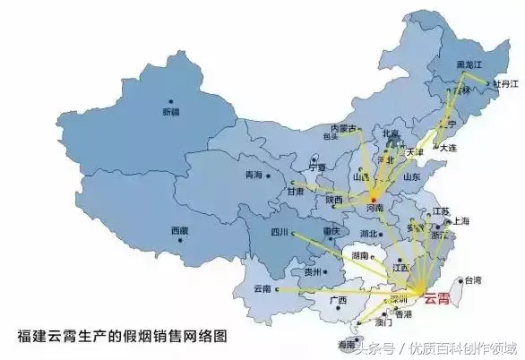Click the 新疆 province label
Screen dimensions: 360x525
pyautogui.click(x=170, y=112)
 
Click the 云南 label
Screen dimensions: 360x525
pyautogui.click(x=262, y=289)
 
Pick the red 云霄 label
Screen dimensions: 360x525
pyautogui.click(x=440, y=297)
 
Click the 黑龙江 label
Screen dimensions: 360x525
pyautogui.click(x=469, y=65)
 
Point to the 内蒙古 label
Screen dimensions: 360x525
pyautogui.click(x=343, y=128)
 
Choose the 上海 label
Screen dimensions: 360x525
pyautogui.click(x=462, y=220)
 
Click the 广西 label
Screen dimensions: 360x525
pyautogui.click(x=338, y=300)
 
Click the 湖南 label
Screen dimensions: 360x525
pyautogui.click(x=361, y=255)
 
